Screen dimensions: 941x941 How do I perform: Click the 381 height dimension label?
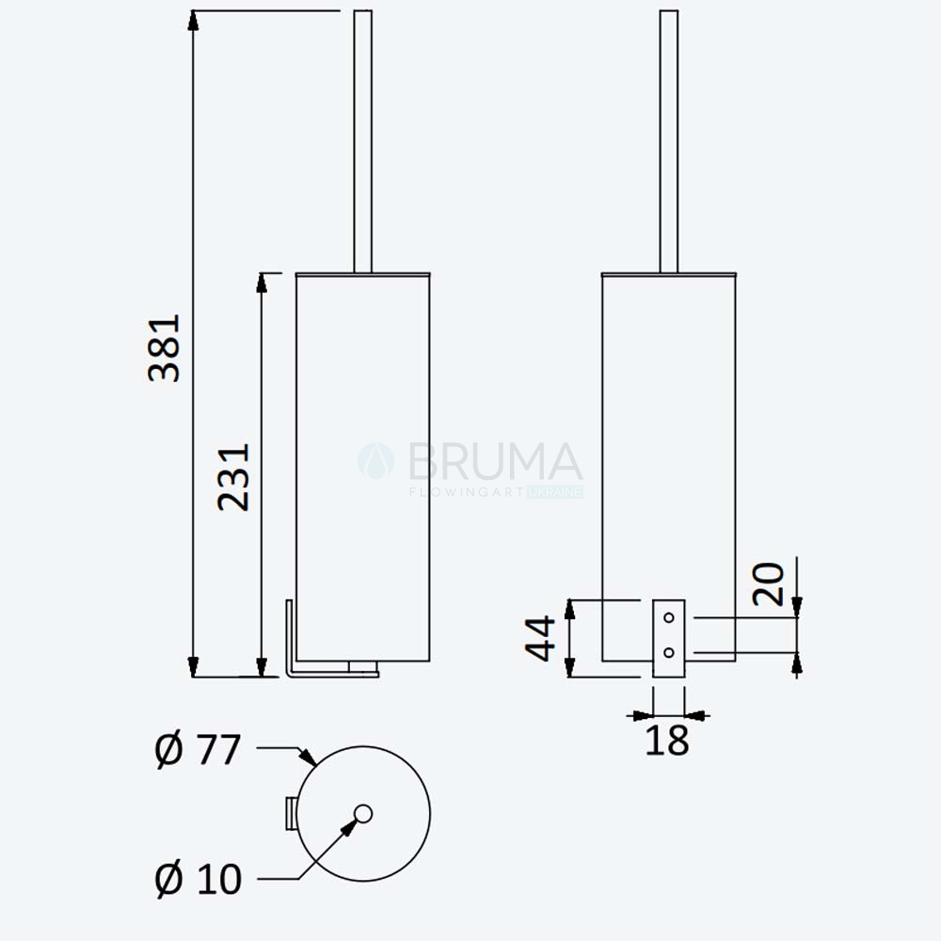tap(164, 347)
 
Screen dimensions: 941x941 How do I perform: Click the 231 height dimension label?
tap(232, 477)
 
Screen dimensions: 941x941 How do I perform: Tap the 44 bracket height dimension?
tap(540, 638)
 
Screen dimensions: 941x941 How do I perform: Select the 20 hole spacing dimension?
tap(768, 584)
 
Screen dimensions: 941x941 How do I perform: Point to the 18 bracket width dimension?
tap(667, 740)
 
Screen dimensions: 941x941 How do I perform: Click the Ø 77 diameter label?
tap(198, 750)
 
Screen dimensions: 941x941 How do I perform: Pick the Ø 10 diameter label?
tap(198, 879)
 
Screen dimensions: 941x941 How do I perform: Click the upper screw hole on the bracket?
tap(668, 617)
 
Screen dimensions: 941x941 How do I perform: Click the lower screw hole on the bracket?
tap(668, 652)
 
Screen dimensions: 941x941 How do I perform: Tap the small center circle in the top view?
tap(363, 814)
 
